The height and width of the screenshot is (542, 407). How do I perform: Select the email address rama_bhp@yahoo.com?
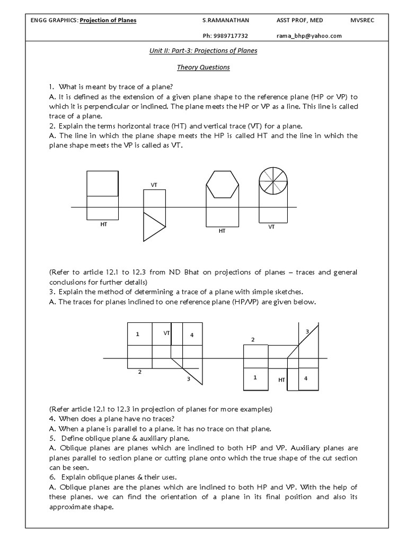point(308,35)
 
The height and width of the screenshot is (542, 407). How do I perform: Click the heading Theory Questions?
point(203,68)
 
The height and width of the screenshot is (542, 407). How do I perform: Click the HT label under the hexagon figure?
point(222,231)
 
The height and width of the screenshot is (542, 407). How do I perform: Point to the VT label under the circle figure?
point(271,227)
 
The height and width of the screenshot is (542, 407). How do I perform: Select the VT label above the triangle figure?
point(154,185)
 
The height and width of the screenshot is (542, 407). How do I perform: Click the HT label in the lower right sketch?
point(281,380)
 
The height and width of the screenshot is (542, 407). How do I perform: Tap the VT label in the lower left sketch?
point(166,333)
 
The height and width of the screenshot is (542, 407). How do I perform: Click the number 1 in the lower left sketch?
point(137,335)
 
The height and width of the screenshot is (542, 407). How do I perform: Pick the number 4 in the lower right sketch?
point(305,378)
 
